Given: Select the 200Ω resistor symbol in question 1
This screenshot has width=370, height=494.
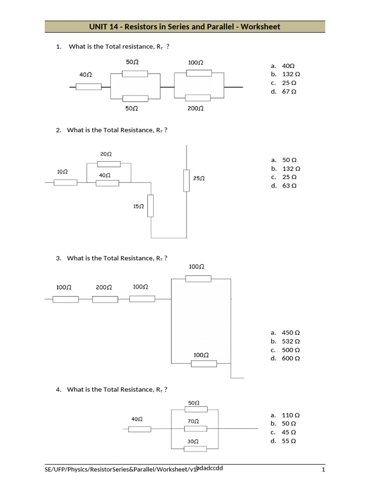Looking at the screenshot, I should (198, 98).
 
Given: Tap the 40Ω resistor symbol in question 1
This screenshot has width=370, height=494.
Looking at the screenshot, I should (89, 87).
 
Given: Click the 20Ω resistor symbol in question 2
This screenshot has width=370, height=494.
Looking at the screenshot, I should (108, 164).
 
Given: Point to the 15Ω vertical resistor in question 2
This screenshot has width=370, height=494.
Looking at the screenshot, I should (150, 206).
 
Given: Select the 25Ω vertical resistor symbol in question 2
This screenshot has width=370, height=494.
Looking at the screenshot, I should (186, 180).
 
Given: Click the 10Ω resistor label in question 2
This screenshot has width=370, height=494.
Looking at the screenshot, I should (62, 172).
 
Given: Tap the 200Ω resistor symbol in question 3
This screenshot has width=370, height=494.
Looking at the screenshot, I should (105, 299).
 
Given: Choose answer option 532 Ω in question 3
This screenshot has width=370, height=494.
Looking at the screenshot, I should (291, 341).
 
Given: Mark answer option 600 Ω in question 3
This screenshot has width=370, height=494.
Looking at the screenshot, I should (291, 358).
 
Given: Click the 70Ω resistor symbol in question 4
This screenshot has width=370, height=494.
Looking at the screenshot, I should (196, 429).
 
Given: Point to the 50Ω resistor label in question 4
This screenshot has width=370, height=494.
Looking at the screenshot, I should (194, 402).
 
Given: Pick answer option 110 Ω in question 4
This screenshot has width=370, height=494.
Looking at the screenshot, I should (291, 415).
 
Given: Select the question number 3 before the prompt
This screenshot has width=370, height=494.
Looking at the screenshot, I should (58, 258).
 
